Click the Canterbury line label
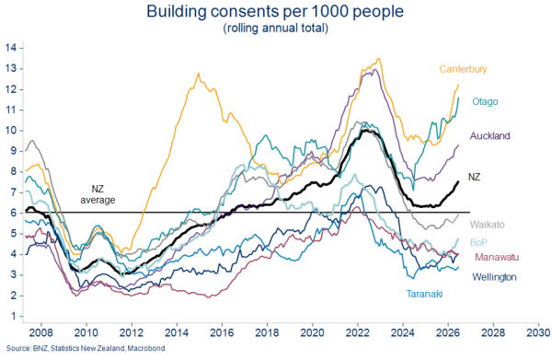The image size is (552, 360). click(x=463, y=69)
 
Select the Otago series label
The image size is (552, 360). click(x=485, y=102)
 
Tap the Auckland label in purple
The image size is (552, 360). click(x=489, y=135)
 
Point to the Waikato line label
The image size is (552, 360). click(x=487, y=225)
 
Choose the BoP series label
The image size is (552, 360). click(x=478, y=242)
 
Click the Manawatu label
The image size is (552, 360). click(x=497, y=257)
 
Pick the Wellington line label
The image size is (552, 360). click(x=494, y=277)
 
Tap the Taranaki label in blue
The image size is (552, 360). click(x=424, y=294)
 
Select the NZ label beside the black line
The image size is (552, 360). click(x=474, y=177)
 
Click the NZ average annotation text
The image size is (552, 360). click(x=98, y=194)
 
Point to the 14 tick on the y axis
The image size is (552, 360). click(x=11, y=48)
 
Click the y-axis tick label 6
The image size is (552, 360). click(x=14, y=213)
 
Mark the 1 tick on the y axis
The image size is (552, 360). click(x=14, y=316)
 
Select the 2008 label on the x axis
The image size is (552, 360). click(x=41, y=332)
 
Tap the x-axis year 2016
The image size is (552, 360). click(x=222, y=332)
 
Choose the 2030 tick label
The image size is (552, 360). click(x=538, y=332)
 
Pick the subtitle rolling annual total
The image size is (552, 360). click(x=276, y=28)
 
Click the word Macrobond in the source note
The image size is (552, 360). click(x=146, y=348)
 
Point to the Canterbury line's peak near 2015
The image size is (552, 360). click(x=198, y=74)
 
